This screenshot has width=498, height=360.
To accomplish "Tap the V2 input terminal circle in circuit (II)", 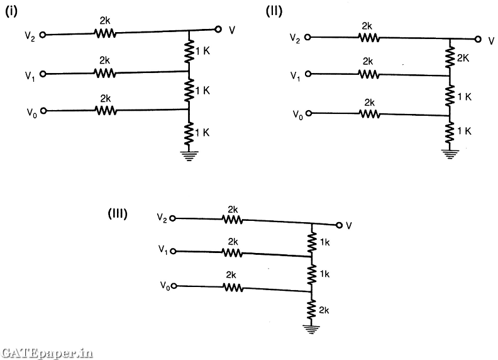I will coord(307,37).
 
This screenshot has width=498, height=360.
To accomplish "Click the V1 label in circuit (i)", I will coord(30,75).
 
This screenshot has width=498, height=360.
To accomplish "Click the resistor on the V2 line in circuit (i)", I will coord(104,33).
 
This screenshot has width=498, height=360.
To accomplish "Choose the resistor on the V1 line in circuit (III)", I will coord(233,252).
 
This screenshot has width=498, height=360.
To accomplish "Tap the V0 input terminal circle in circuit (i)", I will coord(43,111).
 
